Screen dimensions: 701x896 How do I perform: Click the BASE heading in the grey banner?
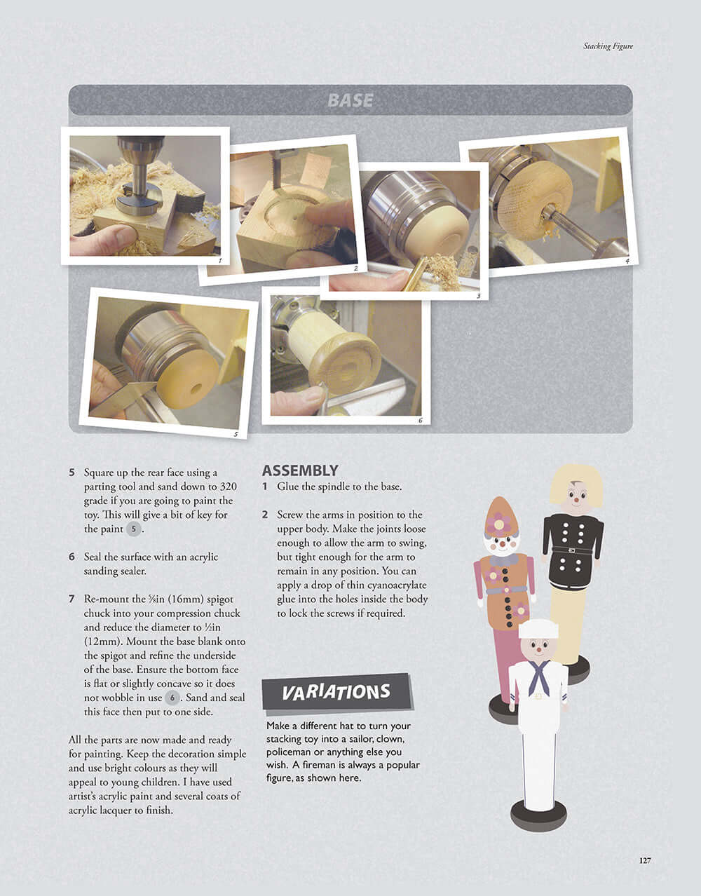click(x=350, y=100)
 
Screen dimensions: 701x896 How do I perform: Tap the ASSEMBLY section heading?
click(x=300, y=470)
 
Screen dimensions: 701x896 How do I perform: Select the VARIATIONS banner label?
click(x=336, y=692)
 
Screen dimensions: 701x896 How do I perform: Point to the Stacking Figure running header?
click(x=608, y=46)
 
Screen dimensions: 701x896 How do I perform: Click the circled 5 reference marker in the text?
click(x=133, y=529)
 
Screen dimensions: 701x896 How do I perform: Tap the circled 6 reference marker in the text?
click(x=172, y=698)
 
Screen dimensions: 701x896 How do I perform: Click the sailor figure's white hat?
click(x=538, y=629)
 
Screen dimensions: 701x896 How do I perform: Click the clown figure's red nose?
click(x=503, y=545)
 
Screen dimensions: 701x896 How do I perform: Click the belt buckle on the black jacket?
click(x=571, y=550)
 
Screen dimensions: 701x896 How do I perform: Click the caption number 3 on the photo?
click(x=479, y=296)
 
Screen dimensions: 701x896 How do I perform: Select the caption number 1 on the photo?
click(x=220, y=261)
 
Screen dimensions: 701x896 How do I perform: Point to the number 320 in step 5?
click(x=228, y=487)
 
